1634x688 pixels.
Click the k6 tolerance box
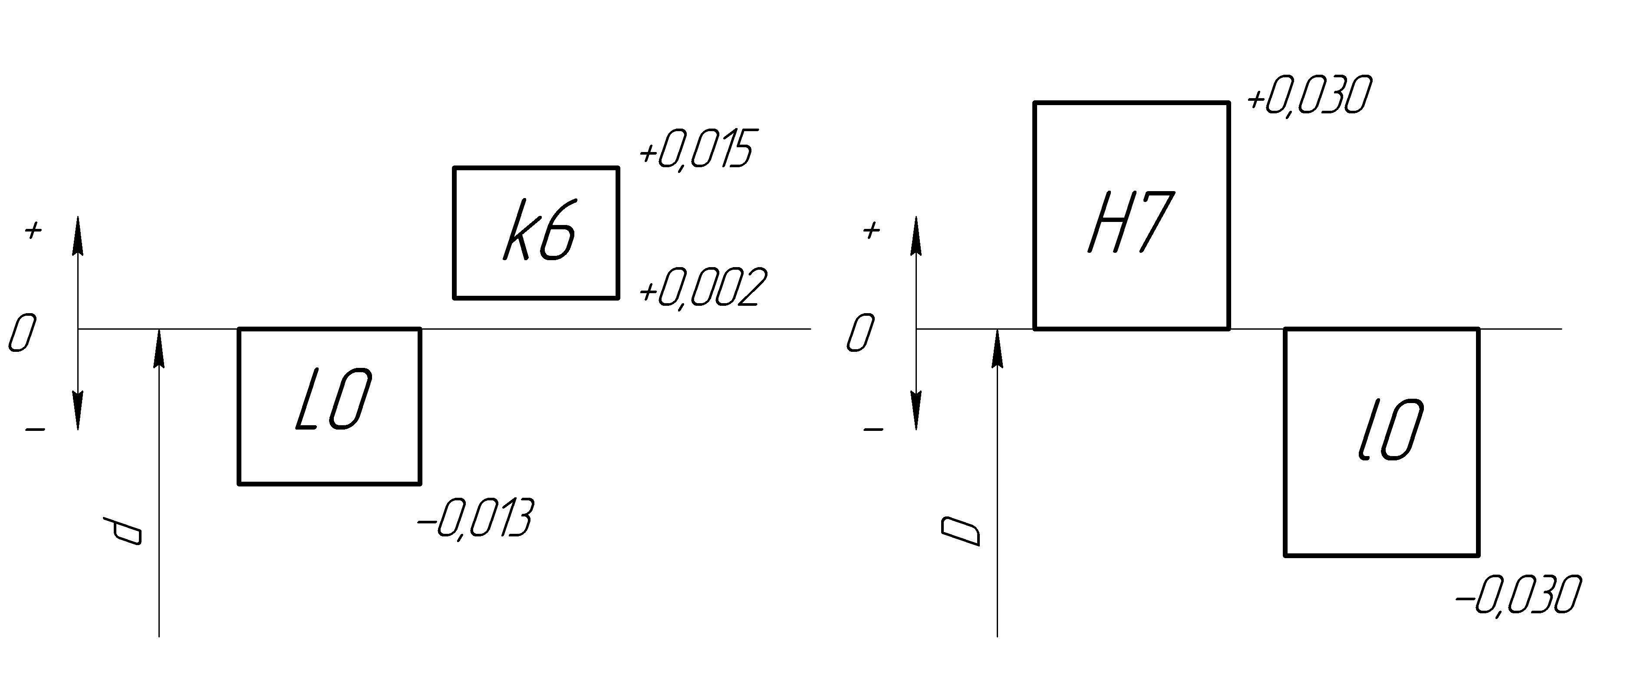(536, 232)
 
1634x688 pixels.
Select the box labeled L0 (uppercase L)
(329, 406)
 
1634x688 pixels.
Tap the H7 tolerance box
(1131, 216)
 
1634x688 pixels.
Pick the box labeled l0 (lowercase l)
(1381, 442)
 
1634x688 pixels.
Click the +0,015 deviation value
(696, 150)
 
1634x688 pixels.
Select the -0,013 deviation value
(475, 519)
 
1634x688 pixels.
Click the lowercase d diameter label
(124, 531)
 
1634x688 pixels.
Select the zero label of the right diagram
(860, 333)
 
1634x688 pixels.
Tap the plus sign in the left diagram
(33, 230)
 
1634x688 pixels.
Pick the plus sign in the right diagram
(872, 230)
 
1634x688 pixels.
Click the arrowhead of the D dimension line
(997, 349)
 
